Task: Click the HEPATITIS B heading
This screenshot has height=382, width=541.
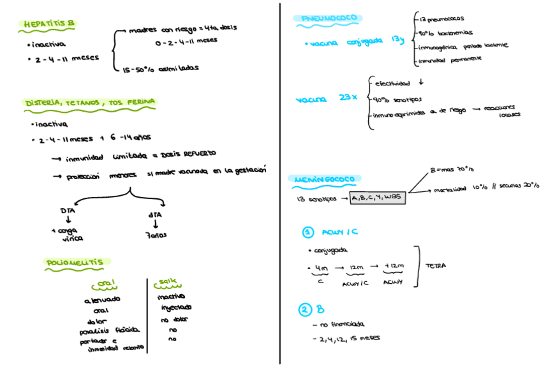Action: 48,24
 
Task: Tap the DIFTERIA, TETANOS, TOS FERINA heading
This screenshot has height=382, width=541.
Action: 90,102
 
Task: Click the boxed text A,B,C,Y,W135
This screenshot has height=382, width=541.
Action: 378,198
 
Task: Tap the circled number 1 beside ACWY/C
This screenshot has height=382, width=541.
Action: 308,232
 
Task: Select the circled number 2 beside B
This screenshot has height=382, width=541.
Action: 305,310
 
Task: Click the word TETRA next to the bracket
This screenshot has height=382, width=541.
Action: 436,265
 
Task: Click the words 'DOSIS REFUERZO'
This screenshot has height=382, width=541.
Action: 189,154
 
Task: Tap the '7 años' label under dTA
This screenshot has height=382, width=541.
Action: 156,235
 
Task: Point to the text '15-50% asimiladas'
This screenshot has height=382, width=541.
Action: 161,68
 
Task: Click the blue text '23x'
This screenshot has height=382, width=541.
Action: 348,98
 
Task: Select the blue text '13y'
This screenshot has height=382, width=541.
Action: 397,40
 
